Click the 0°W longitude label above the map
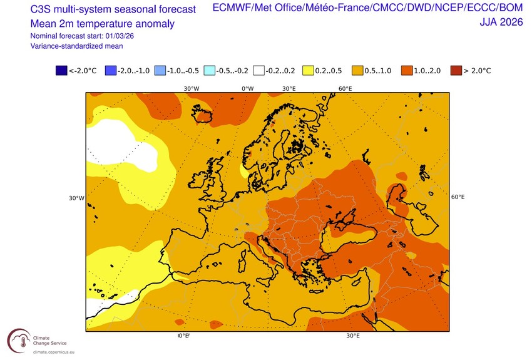[x=248, y=88]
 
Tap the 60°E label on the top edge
[x=345, y=88]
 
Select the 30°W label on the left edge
[x=76, y=198]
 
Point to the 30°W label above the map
[x=191, y=88]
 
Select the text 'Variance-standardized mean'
[x=76, y=46]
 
